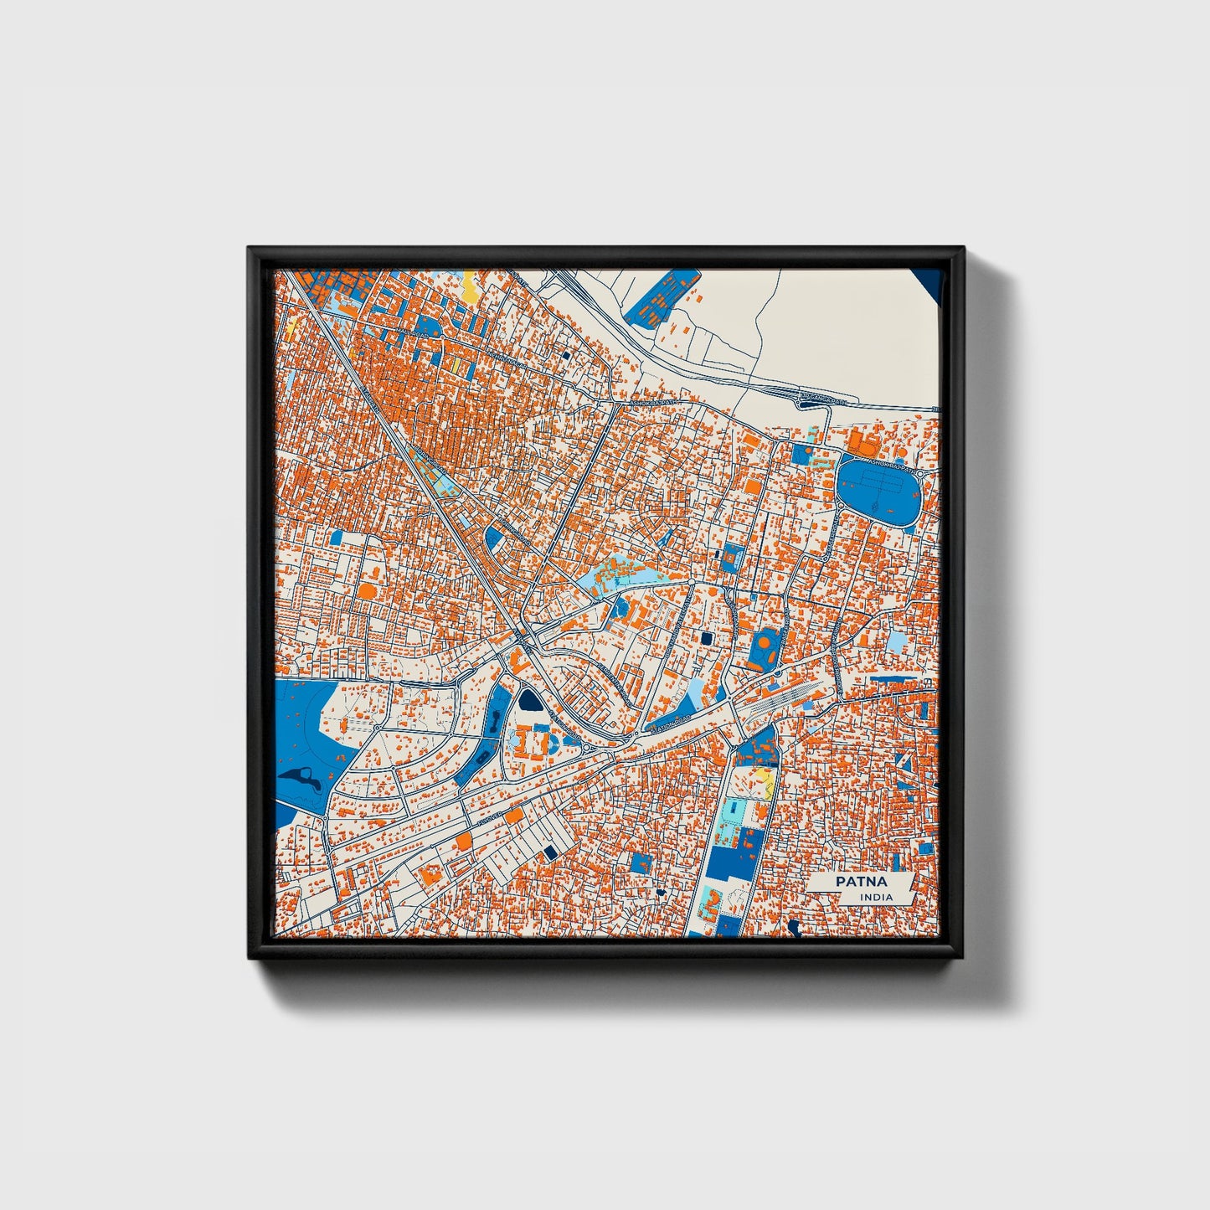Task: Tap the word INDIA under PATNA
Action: pos(876,897)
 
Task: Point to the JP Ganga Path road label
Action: pos(822,401)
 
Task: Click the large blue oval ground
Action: pos(879,489)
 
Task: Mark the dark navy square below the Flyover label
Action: pos(550,852)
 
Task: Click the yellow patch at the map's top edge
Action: pos(471,289)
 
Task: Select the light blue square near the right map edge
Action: pos(896,642)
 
